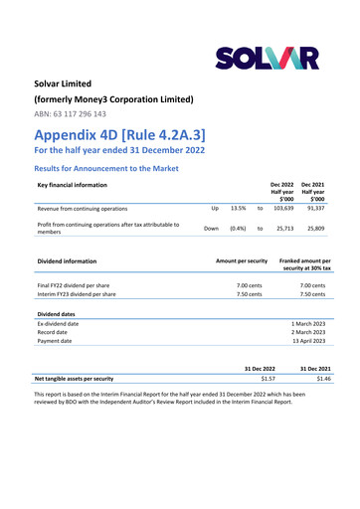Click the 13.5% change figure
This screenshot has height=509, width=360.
238,210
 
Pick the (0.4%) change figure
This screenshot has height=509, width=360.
238,229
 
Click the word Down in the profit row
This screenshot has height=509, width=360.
211,229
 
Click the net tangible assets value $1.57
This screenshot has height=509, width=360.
266,379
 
